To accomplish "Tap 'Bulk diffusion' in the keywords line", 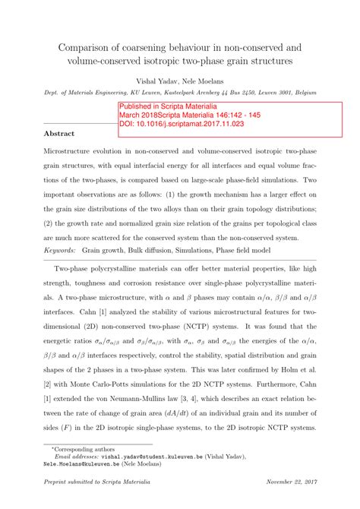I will [x=160, y=249].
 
